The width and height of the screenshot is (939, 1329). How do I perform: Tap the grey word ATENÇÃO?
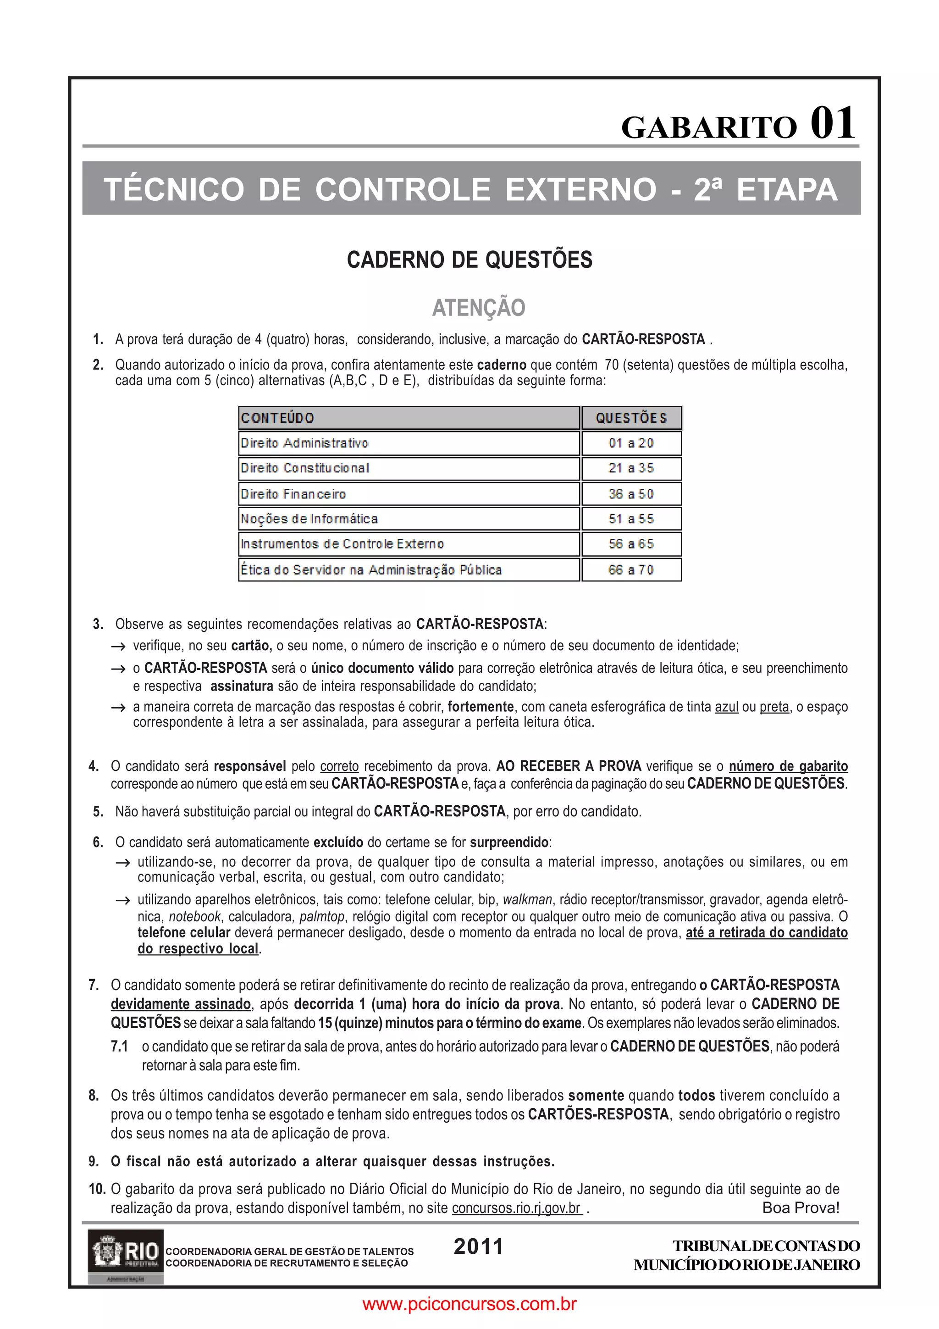click(x=479, y=307)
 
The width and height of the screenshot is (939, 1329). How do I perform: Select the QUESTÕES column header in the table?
click(x=631, y=418)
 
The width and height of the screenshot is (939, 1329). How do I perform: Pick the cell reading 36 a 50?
click(x=631, y=494)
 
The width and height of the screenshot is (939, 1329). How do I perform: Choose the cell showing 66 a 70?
click(x=631, y=570)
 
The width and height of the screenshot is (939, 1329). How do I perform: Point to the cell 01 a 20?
click(x=631, y=443)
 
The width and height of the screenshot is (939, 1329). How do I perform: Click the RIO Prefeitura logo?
click(x=126, y=1256)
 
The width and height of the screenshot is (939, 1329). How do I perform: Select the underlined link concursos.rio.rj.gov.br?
click(x=517, y=1208)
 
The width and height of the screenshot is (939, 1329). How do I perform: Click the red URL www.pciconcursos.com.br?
click(x=469, y=1303)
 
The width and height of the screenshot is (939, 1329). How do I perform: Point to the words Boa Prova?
click(x=800, y=1207)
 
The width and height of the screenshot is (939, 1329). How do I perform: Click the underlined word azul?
click(x=727, y=707)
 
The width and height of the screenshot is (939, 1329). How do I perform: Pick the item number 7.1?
click(x=119, y=1047)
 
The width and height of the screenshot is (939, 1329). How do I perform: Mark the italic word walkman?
click(x=527, y=899)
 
